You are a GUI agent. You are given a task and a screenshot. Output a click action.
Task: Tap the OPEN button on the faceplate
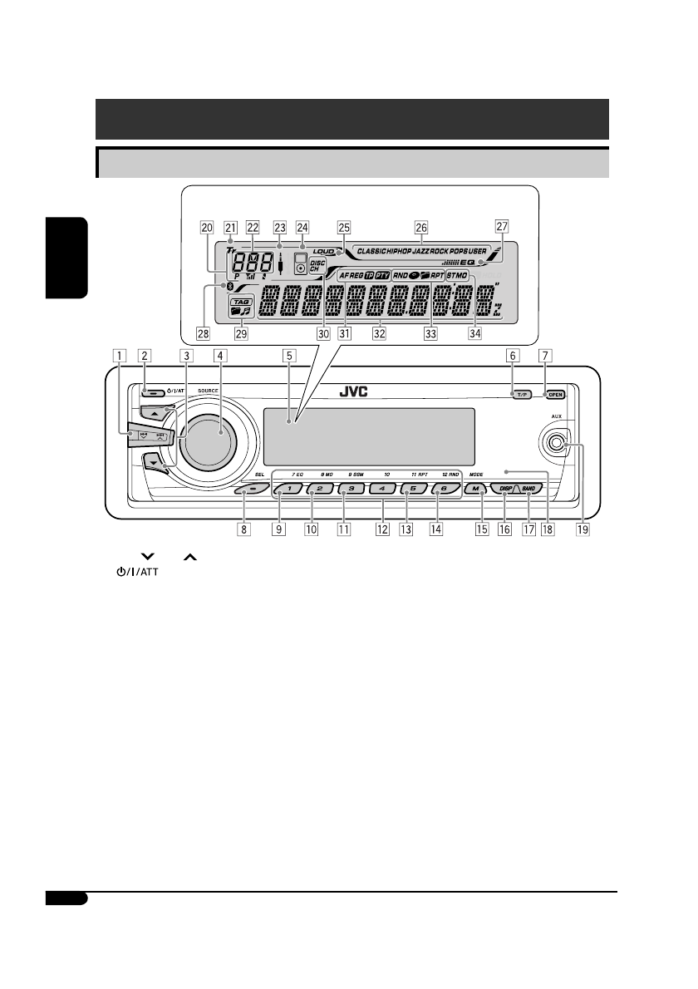tap(556, 395)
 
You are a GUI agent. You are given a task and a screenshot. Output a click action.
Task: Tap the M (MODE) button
tap(476, 490)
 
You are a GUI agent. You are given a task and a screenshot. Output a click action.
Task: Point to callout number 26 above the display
tap(421, 226)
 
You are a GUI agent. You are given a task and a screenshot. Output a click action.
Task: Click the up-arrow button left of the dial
tap(155, 412)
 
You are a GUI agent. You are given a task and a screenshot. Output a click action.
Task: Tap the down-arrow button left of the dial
tap(156, 463)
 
